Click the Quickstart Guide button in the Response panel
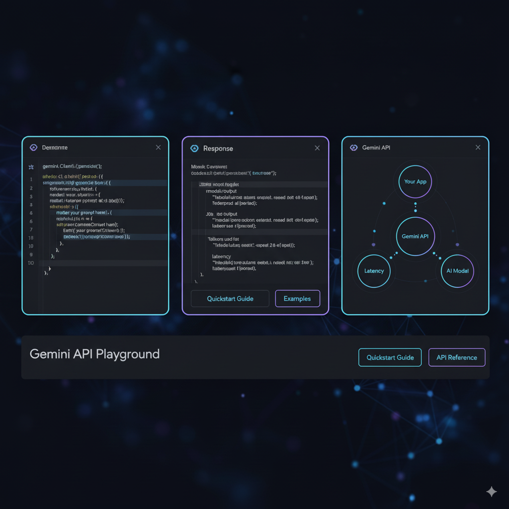230,299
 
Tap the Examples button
297,299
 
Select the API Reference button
456,357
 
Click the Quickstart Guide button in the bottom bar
390,357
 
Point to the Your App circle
415,181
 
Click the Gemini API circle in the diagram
415,236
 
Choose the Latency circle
374,271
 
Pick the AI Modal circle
457,271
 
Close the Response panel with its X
317,148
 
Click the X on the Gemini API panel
478,148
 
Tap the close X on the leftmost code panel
158,148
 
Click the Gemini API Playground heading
94,354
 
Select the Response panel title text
218,149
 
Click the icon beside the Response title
194,148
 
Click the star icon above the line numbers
31,167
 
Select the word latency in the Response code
221,256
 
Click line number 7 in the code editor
31,230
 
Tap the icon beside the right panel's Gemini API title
354,148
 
